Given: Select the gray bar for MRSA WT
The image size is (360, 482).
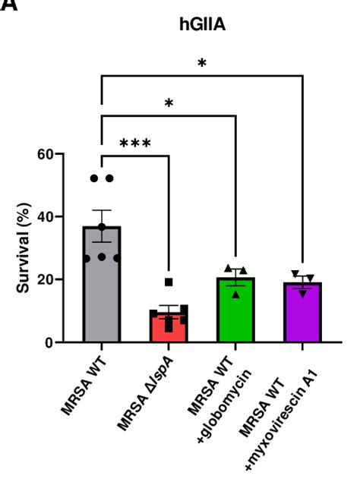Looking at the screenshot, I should coord(102,288).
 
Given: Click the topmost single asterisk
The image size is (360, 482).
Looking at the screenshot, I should coord(201,64).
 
